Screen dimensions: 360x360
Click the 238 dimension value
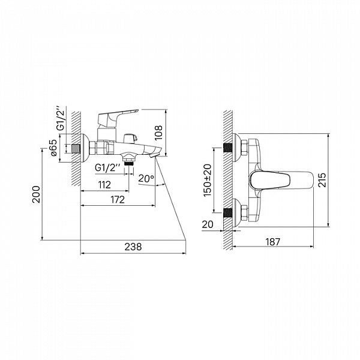coord(133,247)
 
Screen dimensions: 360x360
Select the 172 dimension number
coord(118,200)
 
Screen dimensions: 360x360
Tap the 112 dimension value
coord(104,185)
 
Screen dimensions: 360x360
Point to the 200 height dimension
coord(36,194)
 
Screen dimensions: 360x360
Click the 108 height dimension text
coord(158,133)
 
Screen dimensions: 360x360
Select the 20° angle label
coord(146,178)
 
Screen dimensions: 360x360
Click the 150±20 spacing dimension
coord(208,180)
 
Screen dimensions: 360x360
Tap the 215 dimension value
coord(322,180)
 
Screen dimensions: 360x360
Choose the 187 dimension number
coord(273,242)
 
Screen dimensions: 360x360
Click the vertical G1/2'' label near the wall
coord(61,120)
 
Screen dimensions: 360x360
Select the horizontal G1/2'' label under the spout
coord(107,168)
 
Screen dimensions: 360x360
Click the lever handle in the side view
coord(118,116)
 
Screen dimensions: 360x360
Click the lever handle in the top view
coord(281,180)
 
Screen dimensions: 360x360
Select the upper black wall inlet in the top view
coord(228,148)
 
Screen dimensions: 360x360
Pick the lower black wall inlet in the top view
coord(228,212)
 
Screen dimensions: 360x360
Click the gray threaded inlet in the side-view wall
coord(76,149)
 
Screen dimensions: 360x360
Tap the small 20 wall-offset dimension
coord(208,224)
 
